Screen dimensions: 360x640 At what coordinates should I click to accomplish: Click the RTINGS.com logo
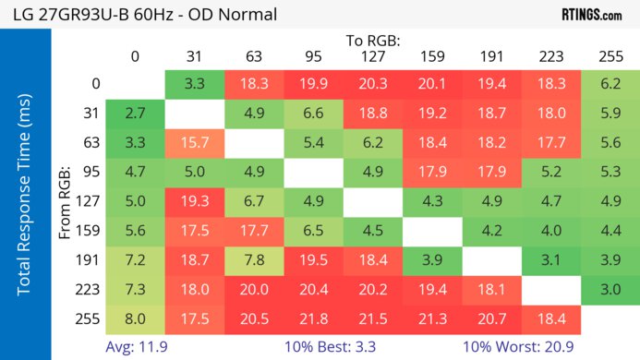tap(591, 15)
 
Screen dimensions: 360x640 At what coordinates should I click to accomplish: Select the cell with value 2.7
tap(135, 113)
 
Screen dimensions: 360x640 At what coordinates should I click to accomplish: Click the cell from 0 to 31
tap(195, 83)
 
